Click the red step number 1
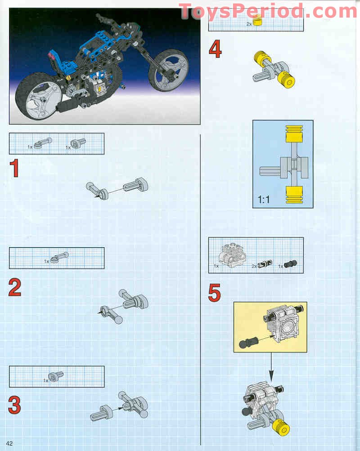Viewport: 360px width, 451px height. coord(14,169)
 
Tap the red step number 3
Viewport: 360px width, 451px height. coord(14,404)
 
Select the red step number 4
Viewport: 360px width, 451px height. coord(215,49)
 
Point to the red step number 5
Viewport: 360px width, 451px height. coord(215,293)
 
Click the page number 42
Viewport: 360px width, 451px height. coord(9,443)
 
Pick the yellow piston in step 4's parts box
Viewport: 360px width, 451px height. coord(257,21)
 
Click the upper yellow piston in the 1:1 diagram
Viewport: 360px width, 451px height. coord(295,135)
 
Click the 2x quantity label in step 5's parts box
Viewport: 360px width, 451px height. coord(254,266)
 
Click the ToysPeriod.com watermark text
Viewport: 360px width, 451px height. coord(269,11)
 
